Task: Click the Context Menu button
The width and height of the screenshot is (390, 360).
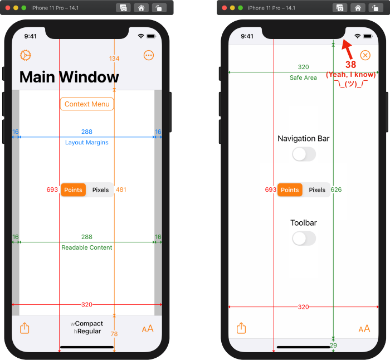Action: (x=87, y=104)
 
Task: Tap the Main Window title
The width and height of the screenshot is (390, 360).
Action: (x=69, y=77)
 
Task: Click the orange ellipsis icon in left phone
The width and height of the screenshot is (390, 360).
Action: (x=148, y=55)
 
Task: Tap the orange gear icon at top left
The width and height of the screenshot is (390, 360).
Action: (x=25, y=55)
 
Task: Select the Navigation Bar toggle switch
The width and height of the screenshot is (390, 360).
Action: (x=304, y=154)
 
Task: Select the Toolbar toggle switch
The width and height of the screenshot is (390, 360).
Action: (x=304, y=239)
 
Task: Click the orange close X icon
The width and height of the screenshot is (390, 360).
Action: (x=365, y=55)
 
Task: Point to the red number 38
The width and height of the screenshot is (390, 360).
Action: (x=350, y=65)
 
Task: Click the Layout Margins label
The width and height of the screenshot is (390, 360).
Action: (x=87, y=143)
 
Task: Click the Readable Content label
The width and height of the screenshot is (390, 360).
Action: (x=87, y=247)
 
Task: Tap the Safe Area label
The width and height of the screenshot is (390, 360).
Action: (x=303, y=78)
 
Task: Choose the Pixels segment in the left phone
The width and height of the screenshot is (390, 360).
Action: (x=100, y=190)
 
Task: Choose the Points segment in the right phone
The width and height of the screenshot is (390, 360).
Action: (x=290, y=190)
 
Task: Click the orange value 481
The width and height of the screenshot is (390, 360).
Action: (x=121, y=190)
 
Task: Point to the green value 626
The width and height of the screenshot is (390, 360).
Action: (x=336, y=190)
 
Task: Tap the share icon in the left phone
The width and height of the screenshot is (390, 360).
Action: (x=25, y=328)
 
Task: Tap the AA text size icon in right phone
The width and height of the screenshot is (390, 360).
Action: (x=364, y=329)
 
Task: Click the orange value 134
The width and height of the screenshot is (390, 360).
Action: (x=114, y=59)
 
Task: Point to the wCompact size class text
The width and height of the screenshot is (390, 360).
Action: (x=87, y=324)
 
